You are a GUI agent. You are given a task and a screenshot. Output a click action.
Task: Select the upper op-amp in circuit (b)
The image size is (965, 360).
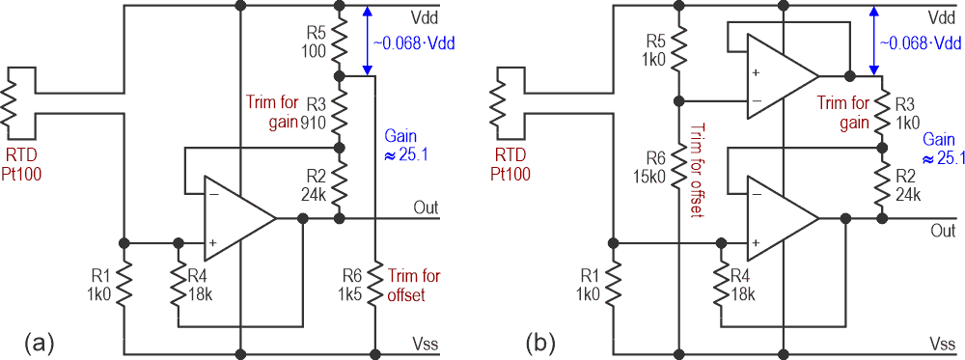[778, 74]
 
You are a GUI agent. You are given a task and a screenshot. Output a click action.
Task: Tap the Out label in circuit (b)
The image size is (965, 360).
[943, 232]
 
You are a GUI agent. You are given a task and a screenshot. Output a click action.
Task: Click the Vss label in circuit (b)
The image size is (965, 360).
[942, 344]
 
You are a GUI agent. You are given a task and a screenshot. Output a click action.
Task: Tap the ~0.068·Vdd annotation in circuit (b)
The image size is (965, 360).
[919, 44]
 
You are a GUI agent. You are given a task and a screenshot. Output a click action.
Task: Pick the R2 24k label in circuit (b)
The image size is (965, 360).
[906, 189]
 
